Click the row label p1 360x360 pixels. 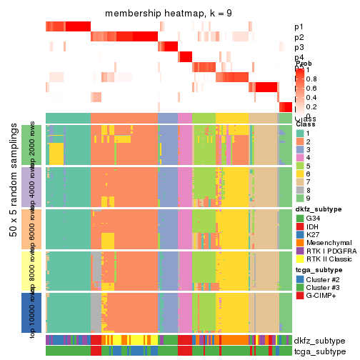click(299, 27)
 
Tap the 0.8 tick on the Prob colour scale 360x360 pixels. click(311, 79)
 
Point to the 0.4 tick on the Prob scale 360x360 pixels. click(311, 97)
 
